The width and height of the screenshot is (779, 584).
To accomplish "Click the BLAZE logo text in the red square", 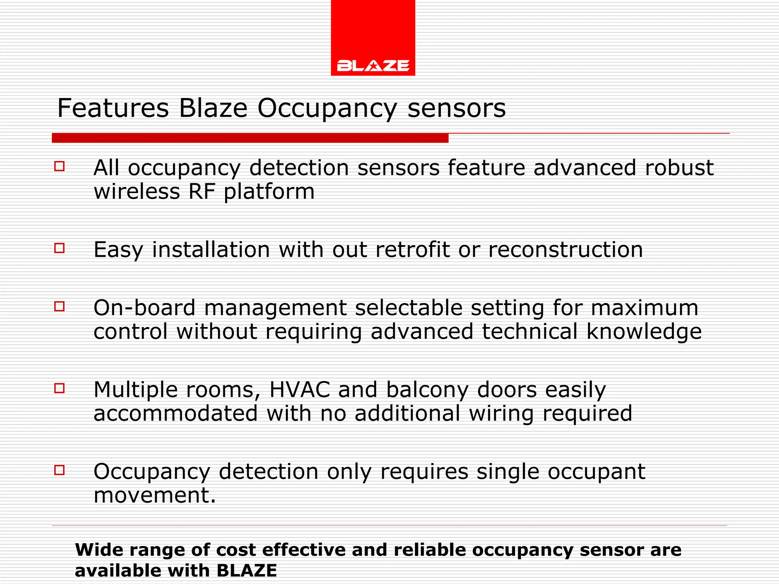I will pyautogui.click(x=373, y=65).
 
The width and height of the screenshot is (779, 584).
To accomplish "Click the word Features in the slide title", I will pyautogui.click(x=113, y=108).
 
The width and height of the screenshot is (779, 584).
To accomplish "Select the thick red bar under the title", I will pyautogui.click(x=250, y=138).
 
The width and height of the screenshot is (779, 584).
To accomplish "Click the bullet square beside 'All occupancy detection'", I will pyautogui.click(x=59, y=166).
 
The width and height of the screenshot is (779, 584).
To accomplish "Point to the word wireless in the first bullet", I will pyautogui.click(x=137, y=191).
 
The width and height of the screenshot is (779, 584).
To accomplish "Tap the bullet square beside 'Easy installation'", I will pyautogui.click(x=59, y=248).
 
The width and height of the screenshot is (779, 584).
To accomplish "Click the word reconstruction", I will pyautogui.click(x=565, y=250).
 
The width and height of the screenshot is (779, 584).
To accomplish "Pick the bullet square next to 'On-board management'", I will pyautogui.click(x=59, y=306).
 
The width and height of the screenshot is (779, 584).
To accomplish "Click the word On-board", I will pyautogui.click(x=144, y=308).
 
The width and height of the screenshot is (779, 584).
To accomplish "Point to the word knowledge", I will pyautogui.click(x=644, y=332).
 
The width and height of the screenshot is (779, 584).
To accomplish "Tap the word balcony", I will pyautogui.click(x=427, y=390).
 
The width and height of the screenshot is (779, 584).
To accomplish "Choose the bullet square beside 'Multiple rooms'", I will pyautogui.click(x=59, y=388).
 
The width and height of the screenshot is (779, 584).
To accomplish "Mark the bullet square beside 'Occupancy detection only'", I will pyautogui.click(x=59, y=470).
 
